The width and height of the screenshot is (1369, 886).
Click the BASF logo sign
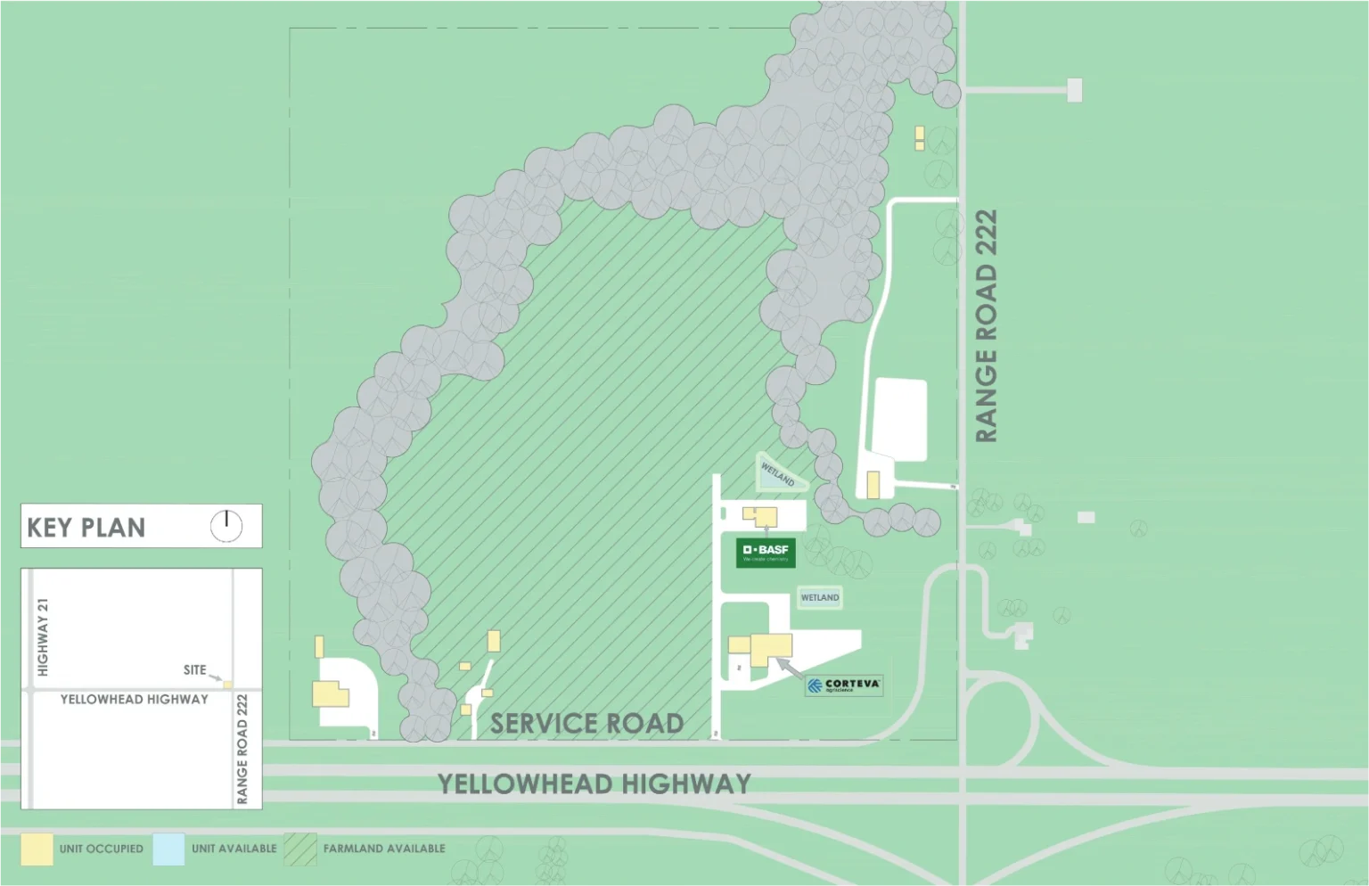pyautogui.click(x=766, y=553)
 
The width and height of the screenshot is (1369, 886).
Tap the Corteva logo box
pyautogui.click(x=843, y=685)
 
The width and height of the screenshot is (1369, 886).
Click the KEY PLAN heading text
pyautogui.click(x=86, y=528)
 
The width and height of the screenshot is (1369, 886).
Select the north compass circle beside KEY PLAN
pyautogui.click(x=226, y=526)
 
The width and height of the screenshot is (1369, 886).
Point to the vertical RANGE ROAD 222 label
pyautogui.click(x=986, y=326)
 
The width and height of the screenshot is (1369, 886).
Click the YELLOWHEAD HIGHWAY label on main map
pyautogui.click(x=594, y=784)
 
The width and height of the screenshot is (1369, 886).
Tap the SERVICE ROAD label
pyautogui.click(x=587, y=724)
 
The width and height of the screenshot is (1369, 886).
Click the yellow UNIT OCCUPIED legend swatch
pyautogui.click(x=37, y=849)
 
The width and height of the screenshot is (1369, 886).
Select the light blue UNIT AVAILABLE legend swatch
pyautogui.click(x=168, y=849)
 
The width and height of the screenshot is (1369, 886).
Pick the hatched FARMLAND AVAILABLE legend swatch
pyautogui.click(x=300, y=849)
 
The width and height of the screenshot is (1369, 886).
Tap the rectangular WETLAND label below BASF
pyautogui.click(x=820, y=598)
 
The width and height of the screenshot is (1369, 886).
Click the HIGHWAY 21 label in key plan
pyautogui.click(x=43, y=637)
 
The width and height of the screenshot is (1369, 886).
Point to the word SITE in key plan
pyautogui.click(x=194, y=670)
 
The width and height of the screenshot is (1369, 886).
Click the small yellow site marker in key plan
pyautogui.click(x=228, y=685)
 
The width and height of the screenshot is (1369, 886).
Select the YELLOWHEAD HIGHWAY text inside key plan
pyautogui.click(x=135, y=700)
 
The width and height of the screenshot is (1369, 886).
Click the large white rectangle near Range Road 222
pyautogui.click(x=900, y=419)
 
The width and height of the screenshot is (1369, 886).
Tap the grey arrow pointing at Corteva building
pyautogui.click(x=789, y=668)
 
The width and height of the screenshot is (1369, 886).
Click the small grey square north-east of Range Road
pyautogui.click(x=1075, y=90)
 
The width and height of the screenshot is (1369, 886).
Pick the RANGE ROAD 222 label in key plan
pyautogui.click(x=242, y=749)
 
